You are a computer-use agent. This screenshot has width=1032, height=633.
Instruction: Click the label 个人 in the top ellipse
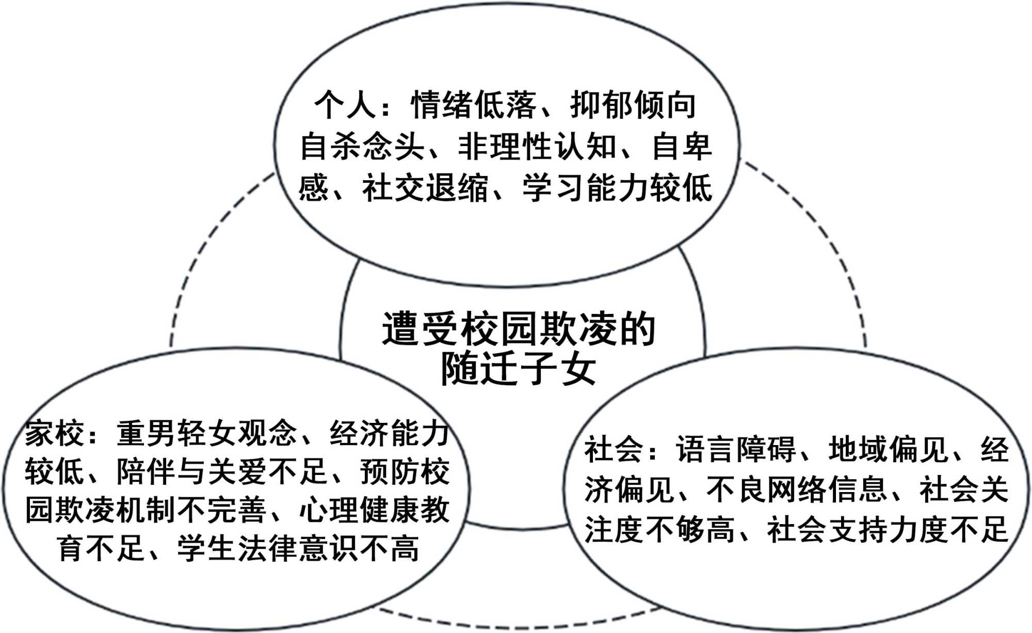[x=345, y=105]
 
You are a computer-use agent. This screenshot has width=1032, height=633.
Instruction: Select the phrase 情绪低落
[x=474, y=105]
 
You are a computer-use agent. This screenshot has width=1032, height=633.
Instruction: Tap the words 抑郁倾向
[x=633, y=105]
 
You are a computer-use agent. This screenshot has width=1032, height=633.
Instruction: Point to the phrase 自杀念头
[x=362, y=147]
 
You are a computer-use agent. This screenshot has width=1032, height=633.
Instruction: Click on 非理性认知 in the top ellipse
[x=537, y=147]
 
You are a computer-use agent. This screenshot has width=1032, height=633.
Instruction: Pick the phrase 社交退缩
[x=425, y=188]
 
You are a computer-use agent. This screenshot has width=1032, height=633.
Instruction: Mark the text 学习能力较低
[x=617, y=188]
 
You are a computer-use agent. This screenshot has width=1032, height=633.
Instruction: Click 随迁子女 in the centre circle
[x=518, y=369]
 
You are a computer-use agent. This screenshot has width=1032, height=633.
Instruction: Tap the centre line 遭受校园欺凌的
[x=518, y=328]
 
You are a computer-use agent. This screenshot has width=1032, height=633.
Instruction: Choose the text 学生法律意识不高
[x=298, y=548]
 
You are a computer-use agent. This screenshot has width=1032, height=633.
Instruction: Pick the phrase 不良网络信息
[x=797, y=489]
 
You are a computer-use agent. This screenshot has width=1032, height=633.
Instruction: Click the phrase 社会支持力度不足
[x=888, y=530]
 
